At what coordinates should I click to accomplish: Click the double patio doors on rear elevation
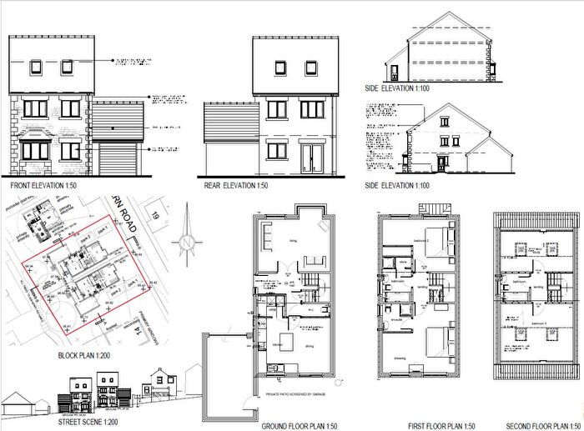pyautogui.click(x=311, y=156)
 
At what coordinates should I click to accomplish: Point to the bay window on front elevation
pyautogui.click(x=37, y=150)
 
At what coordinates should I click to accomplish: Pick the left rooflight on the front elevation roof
pyautogui.click(x=37, y=66)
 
